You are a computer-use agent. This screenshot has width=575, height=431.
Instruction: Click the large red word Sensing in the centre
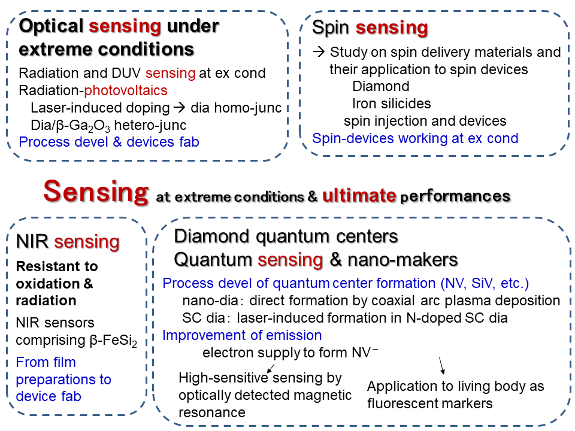pyautogui.click(x=96, y=192)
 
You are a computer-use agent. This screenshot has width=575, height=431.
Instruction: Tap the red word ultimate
pyautogui.click(x=359, y=195)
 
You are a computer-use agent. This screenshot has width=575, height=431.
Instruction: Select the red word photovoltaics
pyautogui.click(x=126, y=90)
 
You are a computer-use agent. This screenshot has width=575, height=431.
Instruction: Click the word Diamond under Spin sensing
pyautogui.click(x=381, y=86)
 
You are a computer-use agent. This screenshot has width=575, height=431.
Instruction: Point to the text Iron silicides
pyautogui.click(x=392, y=104)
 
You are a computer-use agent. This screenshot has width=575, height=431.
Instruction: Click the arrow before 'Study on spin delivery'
pyautogui.click(x=319, y=51)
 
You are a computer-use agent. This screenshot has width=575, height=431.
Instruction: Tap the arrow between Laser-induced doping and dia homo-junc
pyautogui.click(x=180, y=107)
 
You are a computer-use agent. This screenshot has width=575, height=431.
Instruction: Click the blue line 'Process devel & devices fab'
pyautogui.click(x=109, y=142)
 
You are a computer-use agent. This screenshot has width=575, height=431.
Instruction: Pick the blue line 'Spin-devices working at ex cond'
pyautogui.click(x=415, y=138)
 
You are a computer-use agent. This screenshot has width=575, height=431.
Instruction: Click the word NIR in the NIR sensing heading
pyautogui.click(x=32, y=241)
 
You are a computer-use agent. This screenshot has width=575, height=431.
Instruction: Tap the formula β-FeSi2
pyautogui.click(x=113, y=341)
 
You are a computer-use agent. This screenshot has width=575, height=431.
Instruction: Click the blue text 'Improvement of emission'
pyautogui.click(x=242, y=335)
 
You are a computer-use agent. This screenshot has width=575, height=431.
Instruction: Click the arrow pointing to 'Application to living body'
pyautogui.click(x=442, y=365)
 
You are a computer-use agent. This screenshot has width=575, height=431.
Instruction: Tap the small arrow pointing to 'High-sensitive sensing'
pyautogui.click(x=271, y=368)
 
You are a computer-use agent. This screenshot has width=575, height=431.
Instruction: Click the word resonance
pyautogui.click(x=212, y=412)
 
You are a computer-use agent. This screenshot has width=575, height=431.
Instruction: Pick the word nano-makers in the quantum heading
pyautogui.click(x=402, y=259)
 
